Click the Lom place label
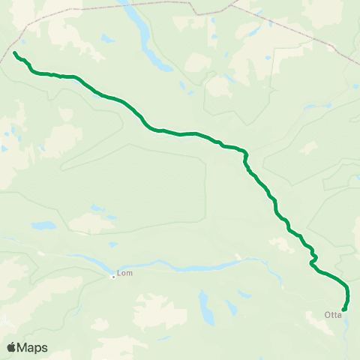pos(125,274)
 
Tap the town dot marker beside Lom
pos(113,276)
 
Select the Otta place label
pos(333,315)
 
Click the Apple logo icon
pos(12,347)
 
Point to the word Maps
pos(32,347)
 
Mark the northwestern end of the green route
pos(15,52)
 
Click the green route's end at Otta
pos(343,309)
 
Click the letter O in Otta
pos(327,315)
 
